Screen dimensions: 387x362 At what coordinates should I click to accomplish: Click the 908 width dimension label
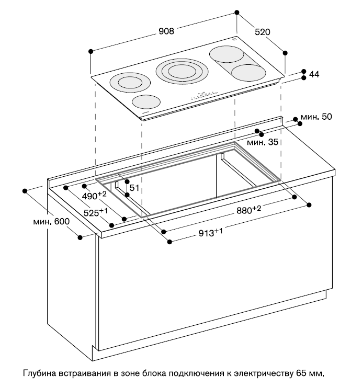[x=166, y=31]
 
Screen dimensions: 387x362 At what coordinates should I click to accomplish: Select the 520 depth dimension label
[x=262, y=32]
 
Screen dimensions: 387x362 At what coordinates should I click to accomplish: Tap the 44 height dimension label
[x=314, y=74]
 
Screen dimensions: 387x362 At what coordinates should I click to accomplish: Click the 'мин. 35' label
[x=263, y=142]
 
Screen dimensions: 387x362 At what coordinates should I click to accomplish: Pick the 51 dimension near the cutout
[x=134, y=188]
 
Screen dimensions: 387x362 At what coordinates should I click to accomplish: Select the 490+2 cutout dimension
[x=94, y=196]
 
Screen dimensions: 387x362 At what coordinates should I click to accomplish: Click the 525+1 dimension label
[x=96, y=213]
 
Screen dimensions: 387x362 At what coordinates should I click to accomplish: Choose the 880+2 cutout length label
[x=248, y=210]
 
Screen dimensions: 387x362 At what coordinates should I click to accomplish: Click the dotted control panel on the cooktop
[x=205, y=95]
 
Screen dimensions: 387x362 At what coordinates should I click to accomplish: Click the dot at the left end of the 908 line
[x=91, y=51]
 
